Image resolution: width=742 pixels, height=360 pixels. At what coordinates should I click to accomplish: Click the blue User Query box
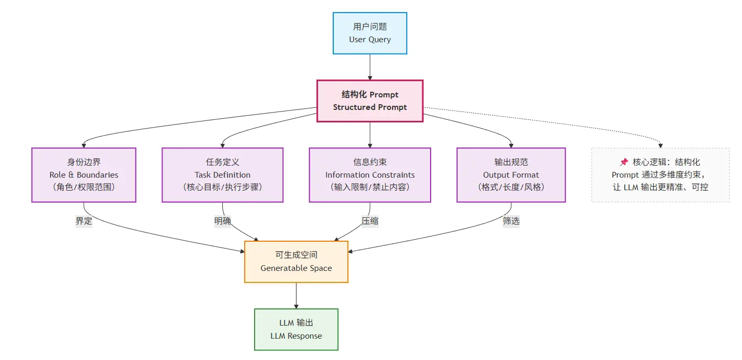370,33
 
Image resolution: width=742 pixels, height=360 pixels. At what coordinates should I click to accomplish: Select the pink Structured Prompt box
370,101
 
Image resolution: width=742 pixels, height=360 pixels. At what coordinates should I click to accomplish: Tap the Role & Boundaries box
84,175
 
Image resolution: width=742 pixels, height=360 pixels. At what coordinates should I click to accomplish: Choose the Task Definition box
222,175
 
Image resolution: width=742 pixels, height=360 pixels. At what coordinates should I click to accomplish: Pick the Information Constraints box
370,175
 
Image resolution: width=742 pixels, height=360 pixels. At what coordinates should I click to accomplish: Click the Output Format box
511,175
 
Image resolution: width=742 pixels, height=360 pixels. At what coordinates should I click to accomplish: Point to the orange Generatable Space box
296,262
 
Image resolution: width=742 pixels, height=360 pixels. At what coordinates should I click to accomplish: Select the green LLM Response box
296,329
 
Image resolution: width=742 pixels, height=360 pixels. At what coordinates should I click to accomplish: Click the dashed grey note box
660,175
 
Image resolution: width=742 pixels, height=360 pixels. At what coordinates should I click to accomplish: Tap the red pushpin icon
624,163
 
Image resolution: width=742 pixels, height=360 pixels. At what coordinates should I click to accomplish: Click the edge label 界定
84,221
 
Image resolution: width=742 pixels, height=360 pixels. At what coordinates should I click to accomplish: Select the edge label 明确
222,221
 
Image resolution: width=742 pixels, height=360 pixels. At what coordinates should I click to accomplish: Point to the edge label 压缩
370,221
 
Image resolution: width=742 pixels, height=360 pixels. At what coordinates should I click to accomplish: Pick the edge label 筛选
511,221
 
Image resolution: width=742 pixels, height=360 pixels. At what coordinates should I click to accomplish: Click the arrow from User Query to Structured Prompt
370,67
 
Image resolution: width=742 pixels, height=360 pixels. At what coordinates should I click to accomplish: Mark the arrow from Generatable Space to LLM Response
296,295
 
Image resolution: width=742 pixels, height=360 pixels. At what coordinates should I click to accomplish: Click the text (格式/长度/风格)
511,187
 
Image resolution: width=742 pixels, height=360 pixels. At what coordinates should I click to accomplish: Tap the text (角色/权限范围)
84,187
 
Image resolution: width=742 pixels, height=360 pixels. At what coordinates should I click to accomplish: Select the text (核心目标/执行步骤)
222,187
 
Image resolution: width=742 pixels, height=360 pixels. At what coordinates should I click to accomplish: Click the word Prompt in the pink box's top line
384,95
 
